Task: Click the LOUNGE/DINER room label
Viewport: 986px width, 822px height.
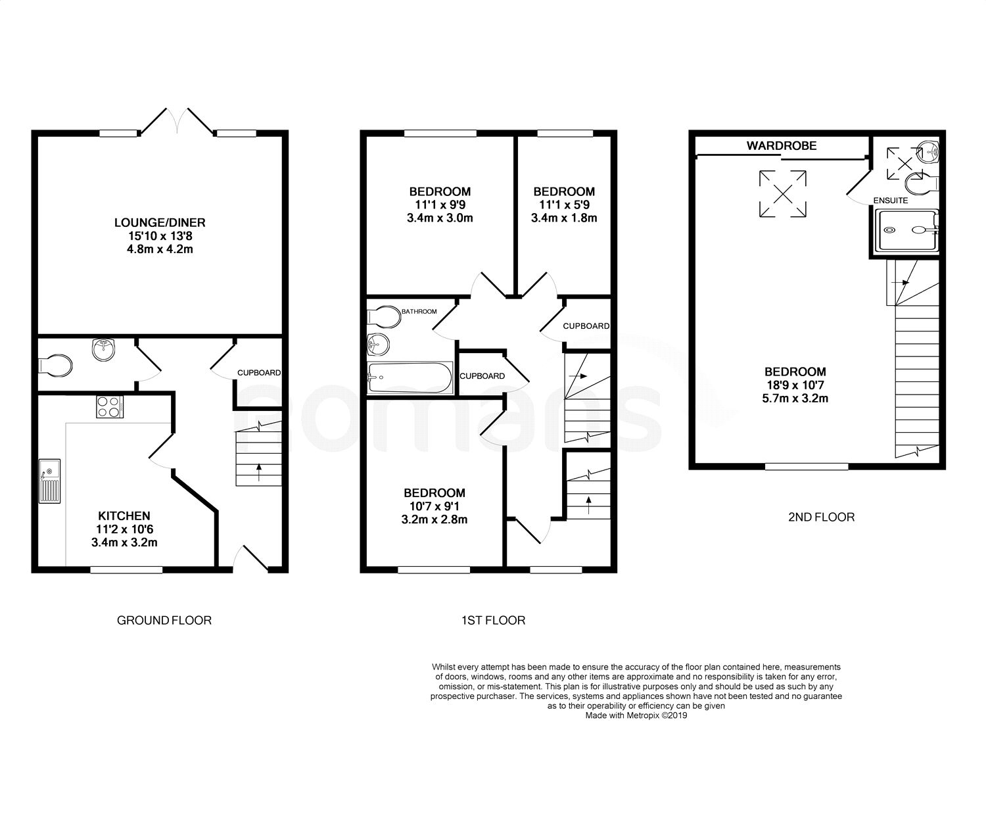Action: point(160,222)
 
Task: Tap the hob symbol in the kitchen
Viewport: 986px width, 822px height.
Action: point(110,407)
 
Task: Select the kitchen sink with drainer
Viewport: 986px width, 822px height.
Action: point(49,481)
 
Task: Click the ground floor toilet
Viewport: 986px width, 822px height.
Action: point(55,366)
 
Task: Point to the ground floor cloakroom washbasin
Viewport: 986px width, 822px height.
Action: point(103,350)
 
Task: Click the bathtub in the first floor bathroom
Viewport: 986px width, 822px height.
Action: point(410,377)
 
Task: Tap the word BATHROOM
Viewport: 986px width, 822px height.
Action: point(419,311)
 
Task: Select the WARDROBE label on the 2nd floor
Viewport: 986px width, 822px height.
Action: point(782,145)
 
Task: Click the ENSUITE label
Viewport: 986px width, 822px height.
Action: point(890,201)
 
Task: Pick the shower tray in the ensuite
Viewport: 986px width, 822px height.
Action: point(906,231)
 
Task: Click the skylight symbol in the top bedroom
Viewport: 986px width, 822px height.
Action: point(782,194)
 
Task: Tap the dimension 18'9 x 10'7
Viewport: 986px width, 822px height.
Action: point(795,385)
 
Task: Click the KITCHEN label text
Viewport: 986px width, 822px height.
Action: point(124,516)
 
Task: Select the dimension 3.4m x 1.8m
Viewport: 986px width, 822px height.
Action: point(564,218)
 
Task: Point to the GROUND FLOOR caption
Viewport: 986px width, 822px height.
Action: point(164,620)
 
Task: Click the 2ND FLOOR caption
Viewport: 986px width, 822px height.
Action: point(821,518)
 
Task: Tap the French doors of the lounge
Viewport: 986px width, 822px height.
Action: point(177,121)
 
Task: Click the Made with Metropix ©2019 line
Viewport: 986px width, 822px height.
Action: point(636,715)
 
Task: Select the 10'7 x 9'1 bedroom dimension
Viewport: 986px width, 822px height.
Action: point(434,506)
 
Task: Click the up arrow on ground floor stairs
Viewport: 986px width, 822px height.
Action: point(259,472)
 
